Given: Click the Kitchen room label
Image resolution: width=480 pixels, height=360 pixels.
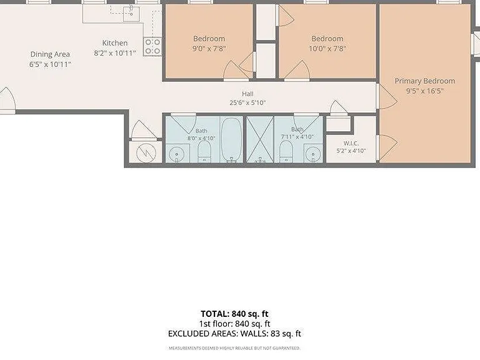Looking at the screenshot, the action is [x=115, y=43].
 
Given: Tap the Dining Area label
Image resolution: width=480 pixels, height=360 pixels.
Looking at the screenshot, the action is [x=50, y=54].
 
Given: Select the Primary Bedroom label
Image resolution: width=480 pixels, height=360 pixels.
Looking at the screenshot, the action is [x=424, y=81].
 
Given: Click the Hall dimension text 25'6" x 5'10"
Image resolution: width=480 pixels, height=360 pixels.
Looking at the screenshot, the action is [x=247, y=102].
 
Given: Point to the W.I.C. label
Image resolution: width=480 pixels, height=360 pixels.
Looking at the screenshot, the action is [x=351, y=143].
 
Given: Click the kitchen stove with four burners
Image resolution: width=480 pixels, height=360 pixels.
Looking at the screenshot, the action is [x=152, y=46].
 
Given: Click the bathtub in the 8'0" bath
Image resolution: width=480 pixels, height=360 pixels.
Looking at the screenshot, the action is [x=231, y=139].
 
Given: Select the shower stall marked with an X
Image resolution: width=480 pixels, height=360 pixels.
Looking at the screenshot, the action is [x=260, y=139].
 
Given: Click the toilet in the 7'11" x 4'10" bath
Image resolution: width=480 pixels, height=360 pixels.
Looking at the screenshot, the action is [x=286, y=151].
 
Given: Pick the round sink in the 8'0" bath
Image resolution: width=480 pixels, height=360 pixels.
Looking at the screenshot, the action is [x=177, y=154].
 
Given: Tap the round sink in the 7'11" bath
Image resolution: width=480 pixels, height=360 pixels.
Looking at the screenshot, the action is [x=313, y=154].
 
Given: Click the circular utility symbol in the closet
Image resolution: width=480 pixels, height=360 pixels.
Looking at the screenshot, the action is [x=146, y=152].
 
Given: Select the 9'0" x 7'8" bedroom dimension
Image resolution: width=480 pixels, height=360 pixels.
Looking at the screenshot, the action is [x=209, y=48].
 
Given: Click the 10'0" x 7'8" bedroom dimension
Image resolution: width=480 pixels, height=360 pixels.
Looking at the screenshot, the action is [x=327, y=48].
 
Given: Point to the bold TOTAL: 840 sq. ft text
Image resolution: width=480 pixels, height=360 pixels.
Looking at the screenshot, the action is [x=234, y=314].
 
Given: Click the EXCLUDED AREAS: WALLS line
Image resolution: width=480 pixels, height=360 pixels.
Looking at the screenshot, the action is [x=234, y=334].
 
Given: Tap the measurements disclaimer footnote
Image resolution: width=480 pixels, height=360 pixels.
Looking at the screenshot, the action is [x=234, y=348].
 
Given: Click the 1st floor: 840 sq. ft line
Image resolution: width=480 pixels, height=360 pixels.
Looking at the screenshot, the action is [x=234, y=324].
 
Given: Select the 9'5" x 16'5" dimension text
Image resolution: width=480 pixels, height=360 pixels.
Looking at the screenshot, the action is [x=424, y=91].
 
